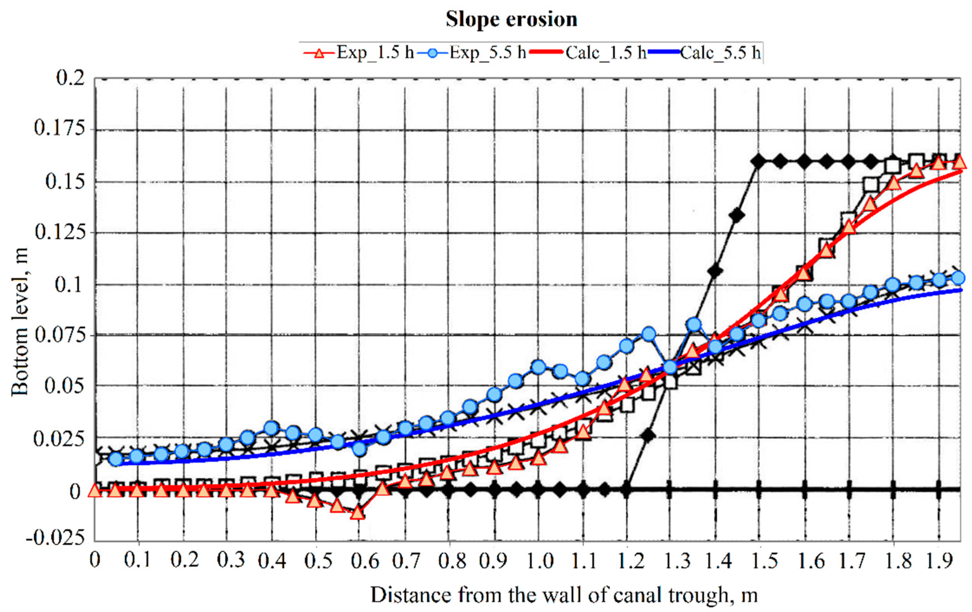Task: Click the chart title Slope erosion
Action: coord(511,19)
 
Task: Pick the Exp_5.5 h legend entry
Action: coord(472,53)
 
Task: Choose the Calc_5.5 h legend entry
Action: coord(704,53)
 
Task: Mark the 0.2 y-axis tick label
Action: coord(71,78)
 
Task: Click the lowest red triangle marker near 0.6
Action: coord(358,513)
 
